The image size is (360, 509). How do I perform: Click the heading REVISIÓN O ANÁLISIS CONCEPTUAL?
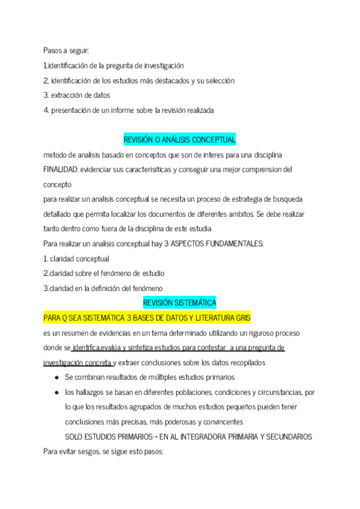click(x=179, y=140)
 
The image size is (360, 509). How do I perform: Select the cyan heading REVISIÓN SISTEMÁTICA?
click(x=179, y=303)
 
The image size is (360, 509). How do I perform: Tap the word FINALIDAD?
click(x=59, y=169)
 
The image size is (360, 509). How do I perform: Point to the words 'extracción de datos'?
click(x=80, y=95)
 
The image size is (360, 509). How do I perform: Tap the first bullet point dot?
click(x=56, y=378)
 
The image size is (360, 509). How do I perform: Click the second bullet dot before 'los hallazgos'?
click(x=56, y=392)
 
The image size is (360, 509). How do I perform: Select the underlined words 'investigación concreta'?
click(x=77, y=362)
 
